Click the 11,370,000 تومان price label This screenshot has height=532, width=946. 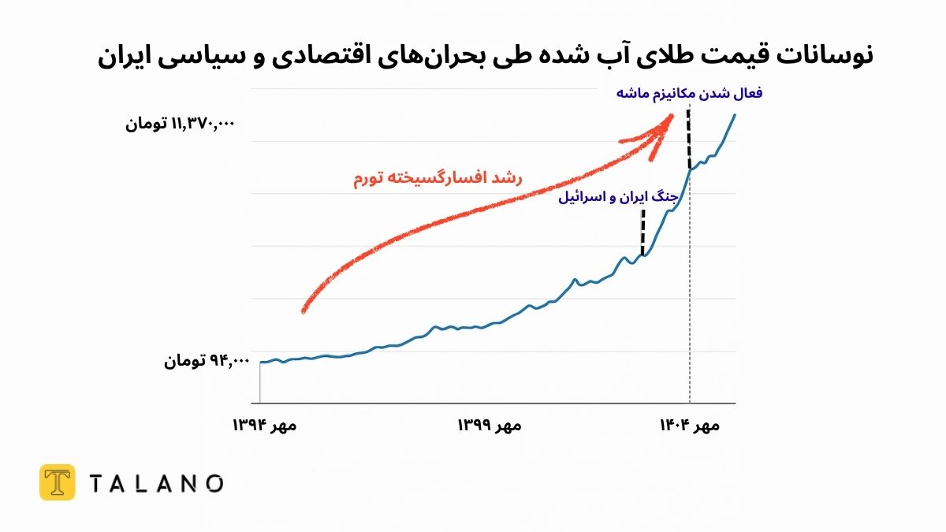tap(181, 125)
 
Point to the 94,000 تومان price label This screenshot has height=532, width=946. tap(207, 361)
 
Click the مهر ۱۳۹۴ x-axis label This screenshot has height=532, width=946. tap(264, 426)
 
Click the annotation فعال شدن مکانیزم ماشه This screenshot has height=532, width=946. tap(689, 93)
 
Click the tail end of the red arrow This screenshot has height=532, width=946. tap(304, 311)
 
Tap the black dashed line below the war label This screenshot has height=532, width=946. tap(643, 232)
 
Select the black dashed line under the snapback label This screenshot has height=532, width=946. tap(689, 138)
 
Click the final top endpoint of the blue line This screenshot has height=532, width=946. tap(735, 115)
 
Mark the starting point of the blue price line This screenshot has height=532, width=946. tap(261, 362)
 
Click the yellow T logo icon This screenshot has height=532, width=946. tap(57, 482)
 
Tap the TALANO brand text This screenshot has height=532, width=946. tap(155, 483)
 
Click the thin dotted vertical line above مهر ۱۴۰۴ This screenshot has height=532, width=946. tap(690, 315)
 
